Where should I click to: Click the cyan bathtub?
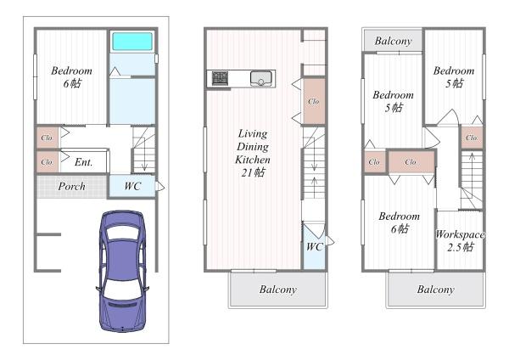132,42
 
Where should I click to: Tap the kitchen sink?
261,79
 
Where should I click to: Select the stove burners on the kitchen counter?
220,78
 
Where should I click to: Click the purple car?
122,271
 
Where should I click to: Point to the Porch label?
72,186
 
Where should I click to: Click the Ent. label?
84,162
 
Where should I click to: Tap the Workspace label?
461,234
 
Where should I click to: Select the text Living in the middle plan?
253,133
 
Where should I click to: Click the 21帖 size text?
253,172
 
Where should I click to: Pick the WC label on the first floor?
132,186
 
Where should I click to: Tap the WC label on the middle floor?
314,247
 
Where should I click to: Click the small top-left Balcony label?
393,41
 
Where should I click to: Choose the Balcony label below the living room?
278,290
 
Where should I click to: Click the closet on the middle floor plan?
314,101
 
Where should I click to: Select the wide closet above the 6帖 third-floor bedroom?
411,162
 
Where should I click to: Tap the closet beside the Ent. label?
48,162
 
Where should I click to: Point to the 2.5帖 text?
461,248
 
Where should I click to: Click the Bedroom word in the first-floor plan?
71,70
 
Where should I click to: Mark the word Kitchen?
253,160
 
